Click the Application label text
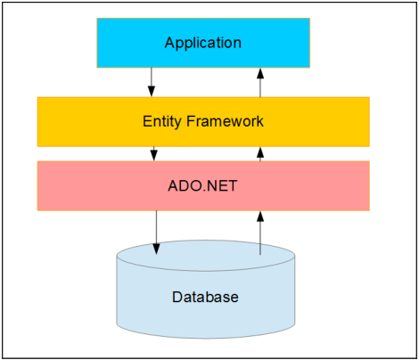pyautogui.click(x=202, y=43)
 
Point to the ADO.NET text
pyautogui.click(x=202, y=185)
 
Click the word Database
pyautogui.click(x=205, y=297)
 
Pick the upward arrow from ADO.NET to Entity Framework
pyautogui.click(x=260, y=153)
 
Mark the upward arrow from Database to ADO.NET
pyautogui.click(x=260, y=233)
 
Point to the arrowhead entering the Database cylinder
pyautogui.click(x=156, y=249)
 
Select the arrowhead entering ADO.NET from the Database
pyautogui.click(x=260, y=216)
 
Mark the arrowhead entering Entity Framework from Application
pyautogui.click(x=152, y=93)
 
